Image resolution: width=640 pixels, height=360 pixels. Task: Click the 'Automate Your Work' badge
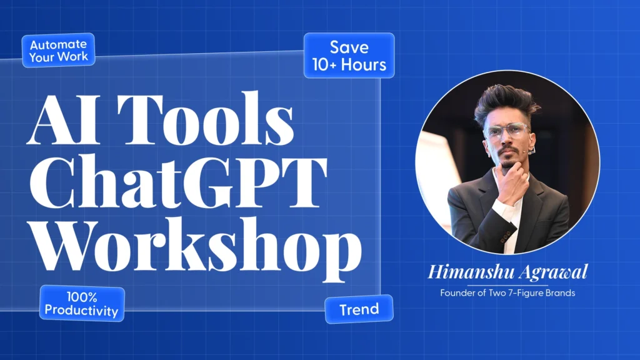pos(58,50)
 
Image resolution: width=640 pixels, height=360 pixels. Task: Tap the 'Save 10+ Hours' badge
pos(349,56)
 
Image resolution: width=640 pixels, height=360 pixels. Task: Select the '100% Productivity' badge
pos(82,303)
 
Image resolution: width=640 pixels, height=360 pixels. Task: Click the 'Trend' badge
pos(359,309)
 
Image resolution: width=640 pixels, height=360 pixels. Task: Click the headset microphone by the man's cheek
pos(530,151)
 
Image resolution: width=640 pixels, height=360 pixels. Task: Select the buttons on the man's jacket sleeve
pos(506,236)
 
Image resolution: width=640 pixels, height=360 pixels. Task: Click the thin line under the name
pos(507,285)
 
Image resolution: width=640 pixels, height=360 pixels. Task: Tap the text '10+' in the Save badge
pos(324,65)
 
